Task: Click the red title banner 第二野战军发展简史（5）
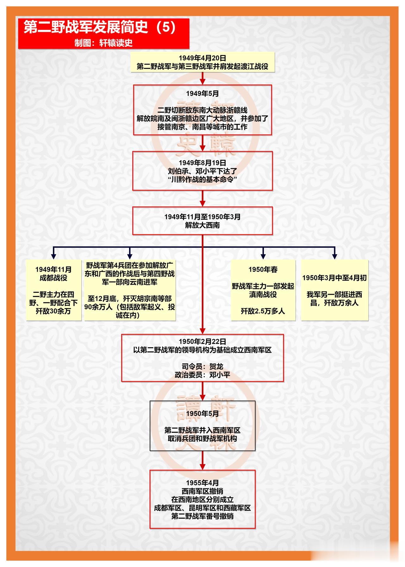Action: click(103, 34)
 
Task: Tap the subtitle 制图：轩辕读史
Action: click(103, 43)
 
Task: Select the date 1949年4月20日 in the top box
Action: click(202, 58)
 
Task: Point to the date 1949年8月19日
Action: click(202, 163)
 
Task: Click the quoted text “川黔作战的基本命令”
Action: click(202, 180)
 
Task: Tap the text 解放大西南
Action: click(202, 225)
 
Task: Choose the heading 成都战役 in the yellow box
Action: click(53, 278)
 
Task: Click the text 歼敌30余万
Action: click(53, 311)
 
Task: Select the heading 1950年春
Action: click(263, 269)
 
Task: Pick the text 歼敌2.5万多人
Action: click(263, 311)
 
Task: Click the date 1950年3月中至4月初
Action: click(334, 278)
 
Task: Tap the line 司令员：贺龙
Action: click(202, 367)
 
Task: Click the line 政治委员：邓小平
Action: click(202, 375)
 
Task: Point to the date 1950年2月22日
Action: click(202, 342)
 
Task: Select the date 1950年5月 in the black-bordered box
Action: click(202, 414)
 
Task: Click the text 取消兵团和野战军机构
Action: click(202, 439)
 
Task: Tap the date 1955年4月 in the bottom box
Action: click(202, 483)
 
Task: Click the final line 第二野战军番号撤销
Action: click(202, 516)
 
